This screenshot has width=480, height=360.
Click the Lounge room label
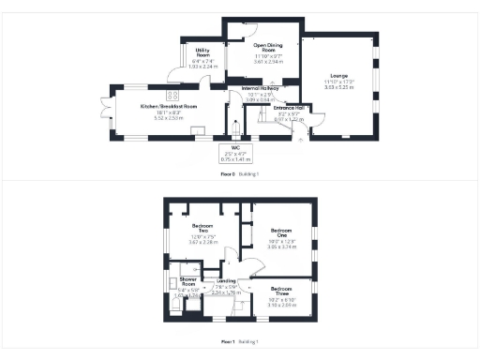[x=338, y=76]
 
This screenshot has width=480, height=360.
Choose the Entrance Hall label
[x=289, y=108]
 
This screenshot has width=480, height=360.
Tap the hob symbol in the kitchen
[x=173, y=95]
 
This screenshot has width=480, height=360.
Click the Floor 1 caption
[x=226, y=341]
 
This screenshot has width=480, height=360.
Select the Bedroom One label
[x=282, y=230]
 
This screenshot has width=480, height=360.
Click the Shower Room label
[x=187, y=282]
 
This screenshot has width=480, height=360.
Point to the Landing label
[x=226, y=280]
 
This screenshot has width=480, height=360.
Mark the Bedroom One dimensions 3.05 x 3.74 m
[x=282, y=247]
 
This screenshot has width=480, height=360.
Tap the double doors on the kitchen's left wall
[x=111, y=112]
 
